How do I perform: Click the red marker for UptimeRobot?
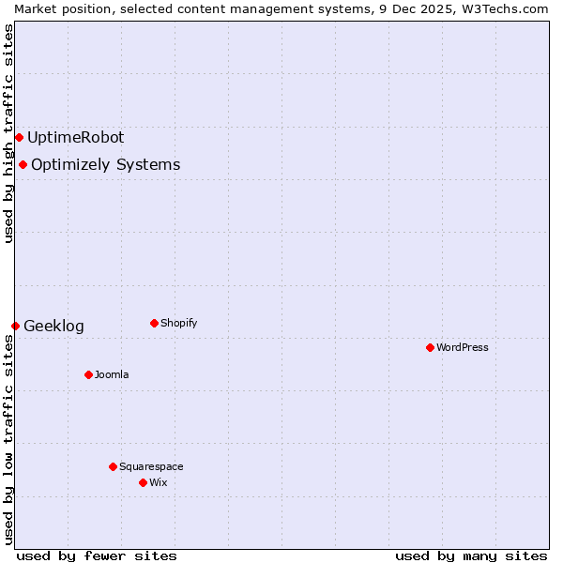pyautogui.click(x=19, y=137)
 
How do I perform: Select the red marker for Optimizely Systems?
pyautogui.click(x=23, y=165)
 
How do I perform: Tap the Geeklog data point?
pyautogui.click(x=15, y=326)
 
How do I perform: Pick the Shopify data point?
pyautogui.click(x=154, y=323)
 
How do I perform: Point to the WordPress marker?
pyautogui.click(x=430, y=347)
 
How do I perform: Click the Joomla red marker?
pyautogui.click(x=88, y=374)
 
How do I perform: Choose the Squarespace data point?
pyautogui.click(x=113, y=466)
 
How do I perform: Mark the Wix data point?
pyautogui.click(x=143, y=482)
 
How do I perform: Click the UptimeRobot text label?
pyautogui.click(x=75, y=137)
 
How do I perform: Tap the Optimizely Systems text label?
pyautogui.click(x=105, y=165)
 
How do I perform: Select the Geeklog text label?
pyautogui.click(x=53, y=327)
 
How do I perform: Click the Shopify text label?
pyautogui.click(x=178, y=323)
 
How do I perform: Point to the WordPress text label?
pyautogui.click(x=462, y=347)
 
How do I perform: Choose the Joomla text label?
pyautogui.click(x=112, y=374)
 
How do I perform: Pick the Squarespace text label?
pyautogui.click(x=151, y=466)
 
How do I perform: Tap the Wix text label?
pyautogui.click(x=158, y=482)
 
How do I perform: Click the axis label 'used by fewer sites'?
pyautogui.click(x=97, y=555)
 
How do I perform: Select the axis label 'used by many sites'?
pyautogui.click(x=471, y=555)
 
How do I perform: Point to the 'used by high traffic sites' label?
pyautogui.click(x=8, y=133)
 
